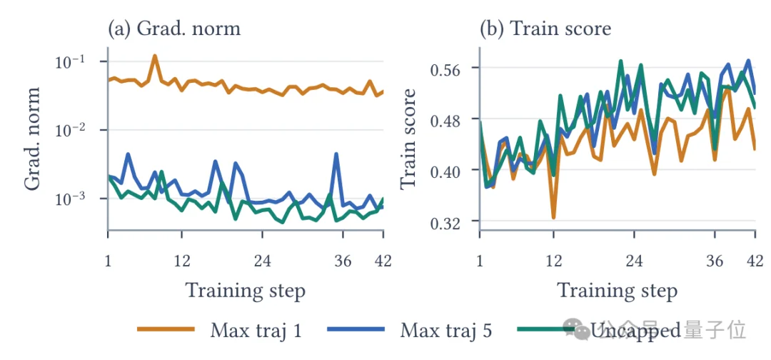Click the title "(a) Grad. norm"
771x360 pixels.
175,29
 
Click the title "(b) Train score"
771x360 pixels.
545,29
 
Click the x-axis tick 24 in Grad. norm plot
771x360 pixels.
263,261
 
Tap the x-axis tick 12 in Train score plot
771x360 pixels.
554,261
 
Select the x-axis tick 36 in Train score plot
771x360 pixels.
715,261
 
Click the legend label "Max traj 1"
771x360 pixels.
256,330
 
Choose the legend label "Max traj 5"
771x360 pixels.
445,330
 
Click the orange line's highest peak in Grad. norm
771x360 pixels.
155,56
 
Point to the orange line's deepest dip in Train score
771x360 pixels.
554,217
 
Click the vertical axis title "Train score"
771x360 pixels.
408,139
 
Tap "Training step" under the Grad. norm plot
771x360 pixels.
245,291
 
